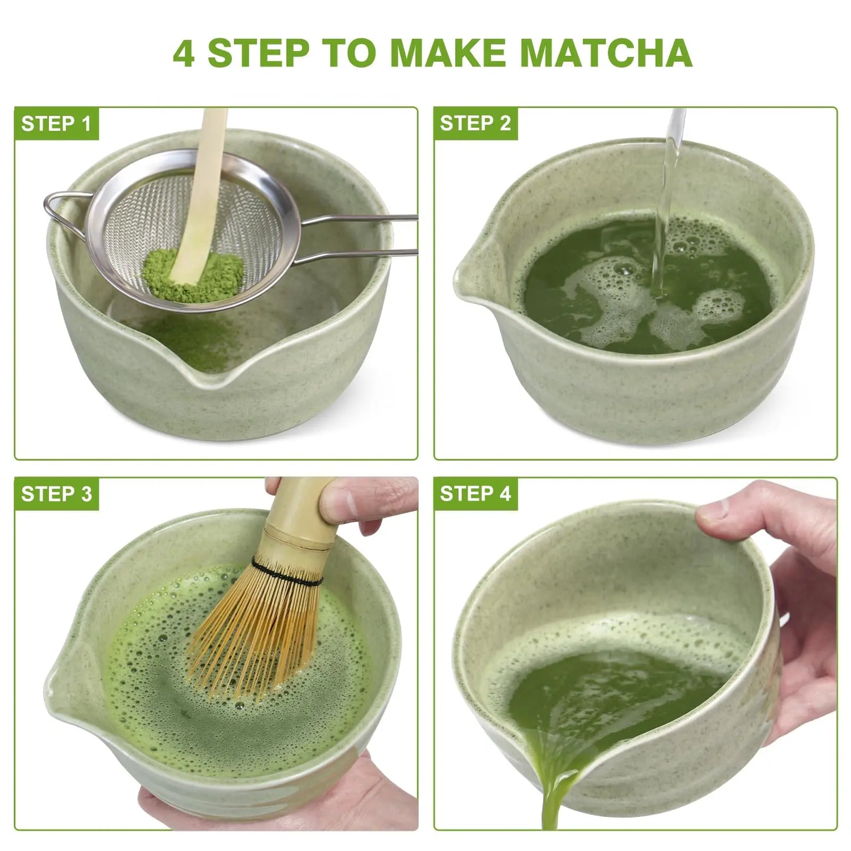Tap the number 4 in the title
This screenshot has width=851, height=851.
click(x=184, y=54)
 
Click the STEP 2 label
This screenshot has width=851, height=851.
click(x=475, y=123)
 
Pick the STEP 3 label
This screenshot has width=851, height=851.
click(x=56, y=494)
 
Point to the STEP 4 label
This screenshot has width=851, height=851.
click(x=475, y=494)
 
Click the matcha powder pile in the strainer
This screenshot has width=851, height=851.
click(x=193, y=274)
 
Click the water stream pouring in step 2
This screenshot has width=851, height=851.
click(x=666, y=203)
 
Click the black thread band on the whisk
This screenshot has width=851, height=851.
click(x=287, y=572)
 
